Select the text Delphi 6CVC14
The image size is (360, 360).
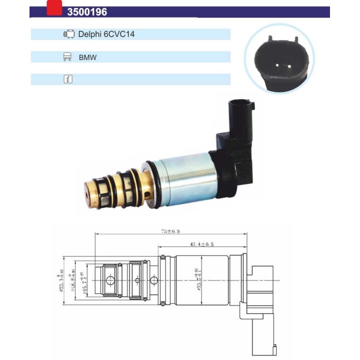pyautogui.click(x=106, y=34)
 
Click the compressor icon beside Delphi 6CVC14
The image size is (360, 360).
pyautogui.click(x=68, y=34)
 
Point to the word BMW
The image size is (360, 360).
pyautogui.click(x=87, y=57)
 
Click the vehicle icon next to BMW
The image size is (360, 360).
pyautogui.click(x=67, y=57)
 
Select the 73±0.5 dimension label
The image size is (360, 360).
pyautogui.click(x=170, y=231)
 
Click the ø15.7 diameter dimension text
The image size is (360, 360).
pyautogui.click(x=83, y=280)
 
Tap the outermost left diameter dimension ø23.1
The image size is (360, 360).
pyautogui.click(x=61, y=280)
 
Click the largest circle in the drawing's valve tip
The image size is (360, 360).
pyautogui.click(x=109, y=279)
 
